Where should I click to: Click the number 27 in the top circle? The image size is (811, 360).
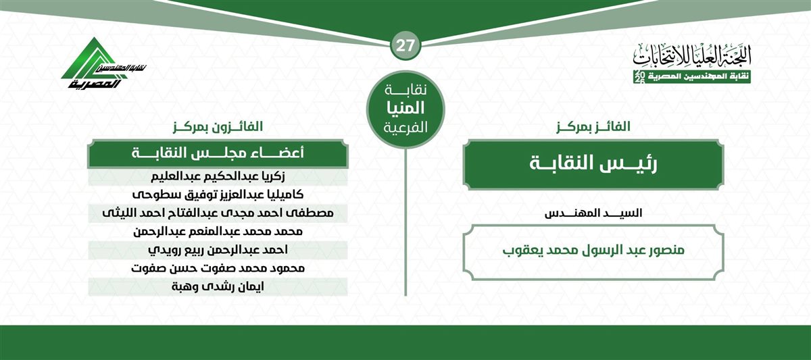coord(405,46)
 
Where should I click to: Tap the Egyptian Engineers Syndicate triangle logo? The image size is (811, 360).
coord(103,63)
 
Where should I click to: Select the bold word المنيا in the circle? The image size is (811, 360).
coord(405,108)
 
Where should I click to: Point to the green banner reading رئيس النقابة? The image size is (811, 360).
coord(593,164)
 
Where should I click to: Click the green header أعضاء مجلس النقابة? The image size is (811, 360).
coord(218,154)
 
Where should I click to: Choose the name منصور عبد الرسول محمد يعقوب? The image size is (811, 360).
coord(593,251)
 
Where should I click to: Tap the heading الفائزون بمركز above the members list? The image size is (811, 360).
coord(218,126)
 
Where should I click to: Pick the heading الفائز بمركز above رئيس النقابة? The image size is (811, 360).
coord(593,126)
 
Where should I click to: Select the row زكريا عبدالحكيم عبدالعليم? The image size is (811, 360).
coord(218,177)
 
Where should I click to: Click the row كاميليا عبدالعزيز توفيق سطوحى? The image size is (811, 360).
coord(218,195)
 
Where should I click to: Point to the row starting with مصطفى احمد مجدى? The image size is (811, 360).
coord(218,213)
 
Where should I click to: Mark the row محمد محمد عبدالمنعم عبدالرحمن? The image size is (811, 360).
coord(218,232)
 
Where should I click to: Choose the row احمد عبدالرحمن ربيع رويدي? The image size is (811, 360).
coord(218,250)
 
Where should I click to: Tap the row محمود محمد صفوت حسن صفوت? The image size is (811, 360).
coord(218,268)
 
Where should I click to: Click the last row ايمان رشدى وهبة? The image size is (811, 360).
coord(218,287)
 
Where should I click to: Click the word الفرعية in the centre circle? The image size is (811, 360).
coord(405,128)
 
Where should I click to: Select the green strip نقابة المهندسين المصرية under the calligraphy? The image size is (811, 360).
coord(692,78)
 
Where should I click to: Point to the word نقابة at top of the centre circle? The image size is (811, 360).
coord(405,89)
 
